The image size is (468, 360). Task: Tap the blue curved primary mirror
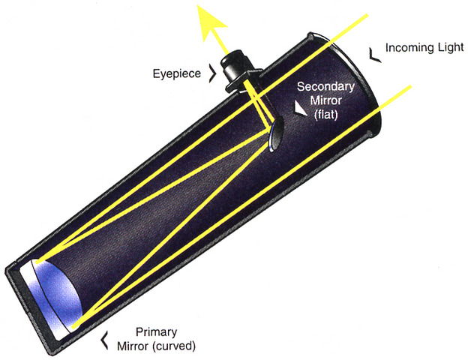tap(56, 289)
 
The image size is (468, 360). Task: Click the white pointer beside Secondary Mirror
tap(301, 108)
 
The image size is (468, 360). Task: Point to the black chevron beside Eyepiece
tap(214, 73)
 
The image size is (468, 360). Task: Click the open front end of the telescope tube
tap(352, 82)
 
